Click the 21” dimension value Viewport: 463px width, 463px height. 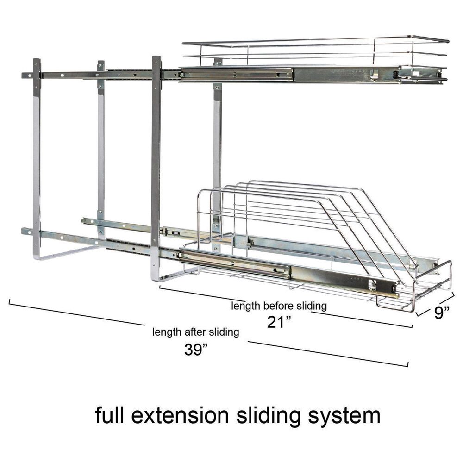[279, 322]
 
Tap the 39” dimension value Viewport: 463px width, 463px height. [196, 350]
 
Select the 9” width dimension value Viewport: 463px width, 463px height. [442, 312]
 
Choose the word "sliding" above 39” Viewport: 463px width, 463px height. [224, 332]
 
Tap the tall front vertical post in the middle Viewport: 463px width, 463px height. [156, 165]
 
